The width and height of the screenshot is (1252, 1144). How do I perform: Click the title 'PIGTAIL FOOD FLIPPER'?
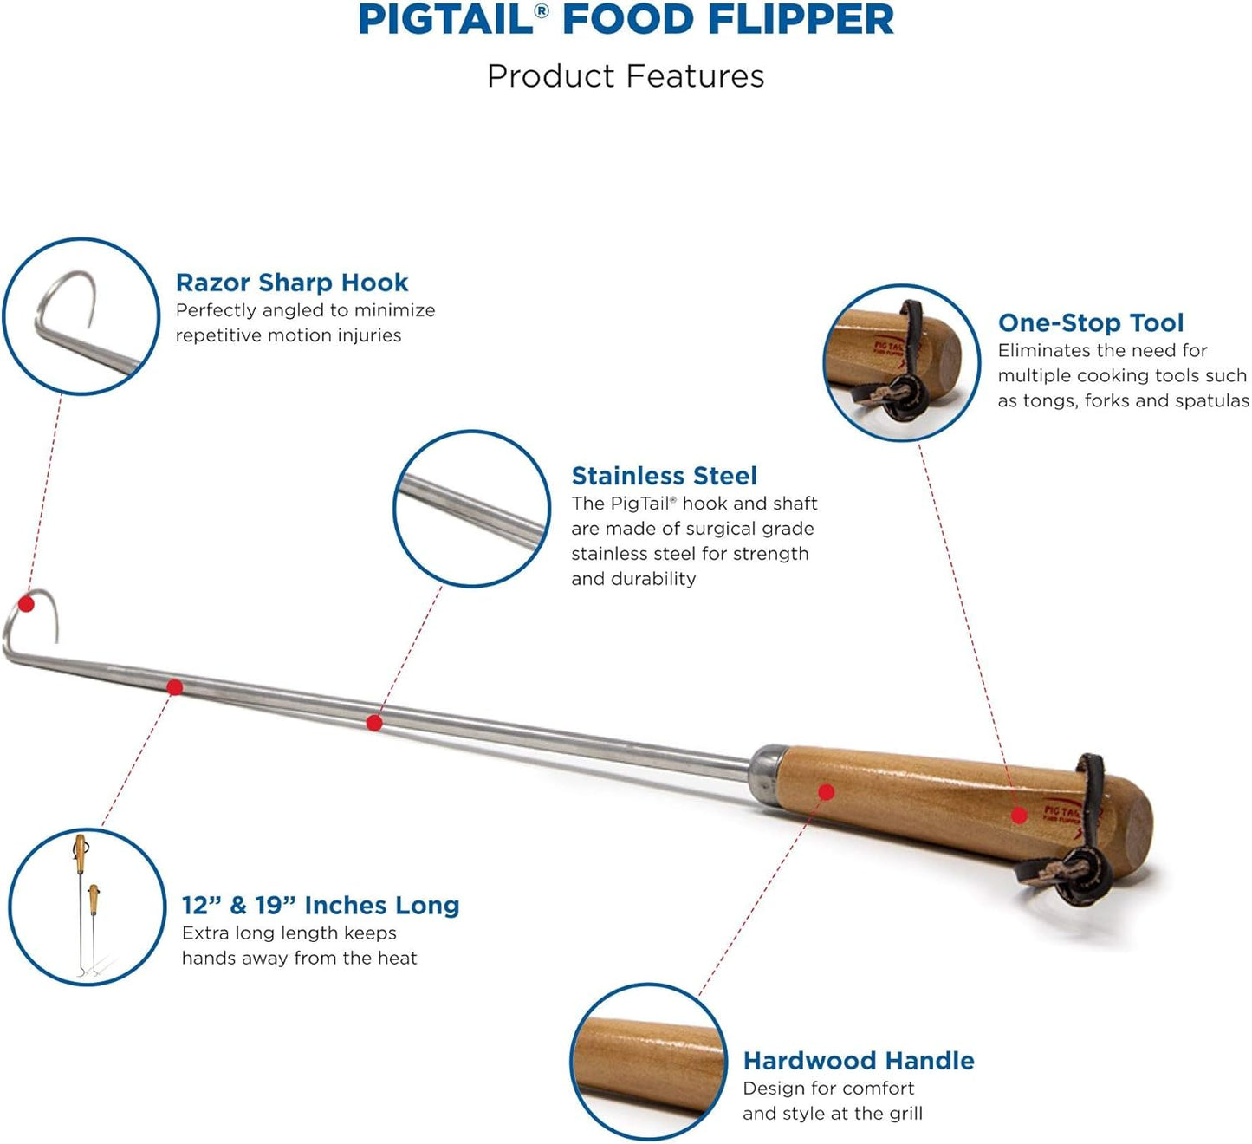(x=626, y=21)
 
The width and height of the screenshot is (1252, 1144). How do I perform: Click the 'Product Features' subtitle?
(x=626, y=76)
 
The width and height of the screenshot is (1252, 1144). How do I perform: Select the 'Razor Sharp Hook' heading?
(x=292, y=283)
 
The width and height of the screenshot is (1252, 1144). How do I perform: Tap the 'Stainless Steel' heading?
(x=664, y=476)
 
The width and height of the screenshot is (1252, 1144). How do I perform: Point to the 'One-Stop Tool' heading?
(x=1090, y=322)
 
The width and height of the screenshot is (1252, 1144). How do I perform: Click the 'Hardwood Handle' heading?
(x=858, y=1061)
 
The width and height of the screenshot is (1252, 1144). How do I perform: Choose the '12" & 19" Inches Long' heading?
(x=320, y=905)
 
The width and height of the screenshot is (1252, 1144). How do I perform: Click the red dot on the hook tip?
(x=27, y=604)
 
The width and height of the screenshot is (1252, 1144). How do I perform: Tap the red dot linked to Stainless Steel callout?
(x=374, y=722)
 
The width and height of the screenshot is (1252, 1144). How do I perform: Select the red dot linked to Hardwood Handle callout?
(x=826, y=791)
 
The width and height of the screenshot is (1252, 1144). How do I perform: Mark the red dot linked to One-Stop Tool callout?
(x=1019, y=815)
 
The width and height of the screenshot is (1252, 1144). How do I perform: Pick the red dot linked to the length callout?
(x=175, y=687)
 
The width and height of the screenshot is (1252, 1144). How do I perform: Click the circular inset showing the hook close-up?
(x=81, y=316)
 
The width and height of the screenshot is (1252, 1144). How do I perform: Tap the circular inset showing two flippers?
(x=87, y=907)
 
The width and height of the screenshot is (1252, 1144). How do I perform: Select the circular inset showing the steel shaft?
(x=471, y=508)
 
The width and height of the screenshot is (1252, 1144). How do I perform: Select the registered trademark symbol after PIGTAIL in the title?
(x=542, y=11)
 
